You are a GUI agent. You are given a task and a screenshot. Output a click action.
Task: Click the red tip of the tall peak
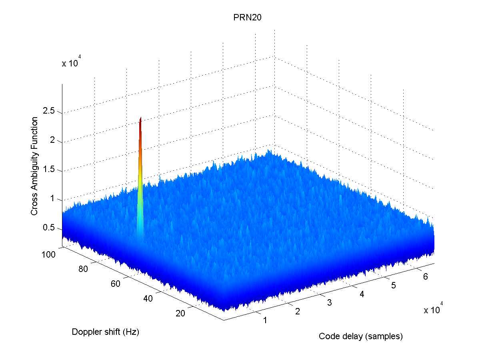tap(141, 120)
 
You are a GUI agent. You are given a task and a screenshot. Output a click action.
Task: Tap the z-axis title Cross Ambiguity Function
tap(35, 166)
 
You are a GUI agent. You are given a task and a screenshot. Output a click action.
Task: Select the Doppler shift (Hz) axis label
tap(106, 332)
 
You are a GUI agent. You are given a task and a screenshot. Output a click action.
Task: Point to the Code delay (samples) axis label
tap(360, 336)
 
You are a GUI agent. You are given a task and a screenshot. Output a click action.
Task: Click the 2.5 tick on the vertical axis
tap(50, 112)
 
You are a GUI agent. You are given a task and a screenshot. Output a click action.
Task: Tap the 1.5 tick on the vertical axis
tap(50, 170)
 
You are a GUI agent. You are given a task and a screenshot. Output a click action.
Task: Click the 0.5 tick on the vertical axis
tap(50, 229)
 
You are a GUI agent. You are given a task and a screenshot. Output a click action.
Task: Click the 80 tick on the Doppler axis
tap(83, 269)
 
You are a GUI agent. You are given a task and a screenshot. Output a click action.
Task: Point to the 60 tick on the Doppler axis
tap(115, 284)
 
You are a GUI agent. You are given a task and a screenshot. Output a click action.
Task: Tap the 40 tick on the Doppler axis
tap(148, 298)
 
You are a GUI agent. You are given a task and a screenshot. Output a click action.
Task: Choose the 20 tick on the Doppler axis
tap(180, 313)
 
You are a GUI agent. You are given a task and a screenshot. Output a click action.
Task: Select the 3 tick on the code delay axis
tap(329, 303)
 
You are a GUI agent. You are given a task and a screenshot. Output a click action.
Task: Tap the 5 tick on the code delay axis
tap(394, 285)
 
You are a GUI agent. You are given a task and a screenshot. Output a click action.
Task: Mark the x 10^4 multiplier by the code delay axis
tap(433, 310)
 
